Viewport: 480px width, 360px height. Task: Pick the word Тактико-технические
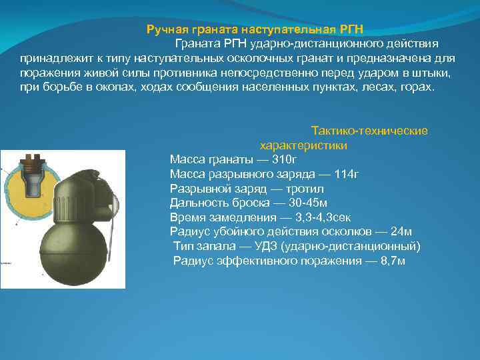pos(369,131)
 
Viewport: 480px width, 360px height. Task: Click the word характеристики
pos(303,145)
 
